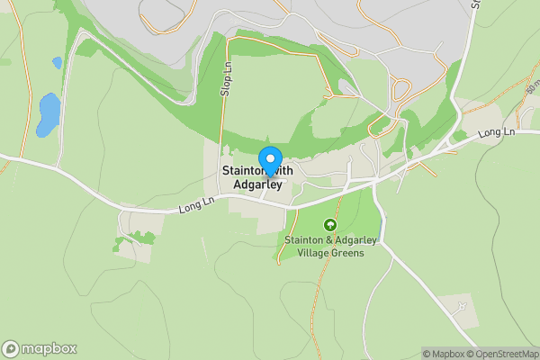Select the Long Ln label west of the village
[195, 207]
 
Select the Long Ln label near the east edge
[495, 133]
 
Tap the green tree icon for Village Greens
[330, 225]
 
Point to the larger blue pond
[48, 114]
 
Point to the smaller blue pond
[57, 63]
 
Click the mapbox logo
[40, 349]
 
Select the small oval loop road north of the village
[346, 87]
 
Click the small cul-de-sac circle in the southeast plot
[462, 307]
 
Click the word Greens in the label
[348, 253]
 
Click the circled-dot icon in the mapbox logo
[11, 349]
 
